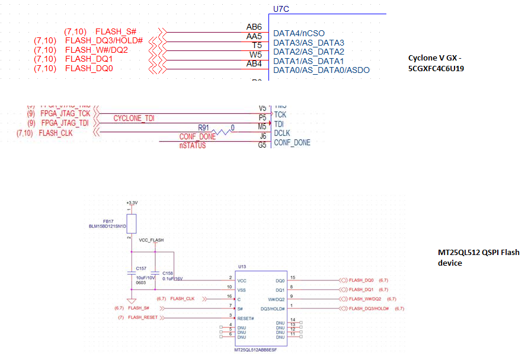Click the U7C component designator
281,9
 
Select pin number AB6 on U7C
254,27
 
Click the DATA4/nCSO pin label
299,33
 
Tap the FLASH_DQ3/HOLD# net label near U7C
104,40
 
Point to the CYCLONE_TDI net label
134,119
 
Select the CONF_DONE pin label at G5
292,142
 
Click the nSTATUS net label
193,145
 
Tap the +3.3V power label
132,203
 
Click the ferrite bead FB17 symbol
132,224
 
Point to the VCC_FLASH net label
151,240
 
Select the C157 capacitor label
141,268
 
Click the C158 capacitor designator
168,273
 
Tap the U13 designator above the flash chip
242,267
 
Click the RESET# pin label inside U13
247,318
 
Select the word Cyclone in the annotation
422,58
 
